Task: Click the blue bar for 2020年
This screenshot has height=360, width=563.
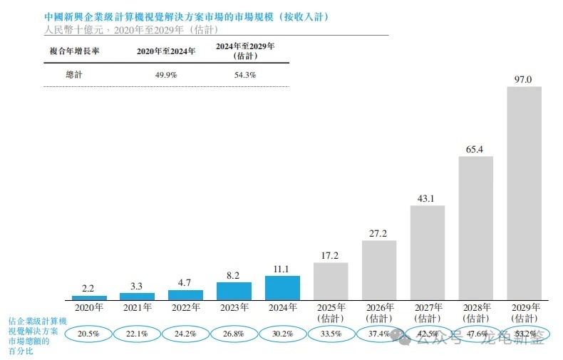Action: pyautogui.click(x=89, y=297)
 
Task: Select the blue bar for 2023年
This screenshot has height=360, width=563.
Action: pyautogui.click(x=234, y=291)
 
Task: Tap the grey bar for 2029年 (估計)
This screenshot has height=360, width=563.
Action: pyautogui.click(x=524, y=193)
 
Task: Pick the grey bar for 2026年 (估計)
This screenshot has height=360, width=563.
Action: pyautogui.click(x=379, y=270)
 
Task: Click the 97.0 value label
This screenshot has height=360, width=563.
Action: pyautogui.click(x=524, y=79)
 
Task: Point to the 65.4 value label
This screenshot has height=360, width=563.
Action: pyautogui.click(x=475, y=149)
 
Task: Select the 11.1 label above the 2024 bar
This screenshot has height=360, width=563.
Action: pyautogui.click(x=282, y=269)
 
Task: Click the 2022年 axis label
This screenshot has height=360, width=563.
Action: pyautogui.click(x=185, y=308)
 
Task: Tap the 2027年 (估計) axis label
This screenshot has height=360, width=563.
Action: pyautogui.click(x=427, y=312)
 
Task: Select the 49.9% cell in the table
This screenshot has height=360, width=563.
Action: pyautogui.click(x=165, y=74)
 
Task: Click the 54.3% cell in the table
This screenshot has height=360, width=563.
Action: pyautogui.click(x=244, y=74)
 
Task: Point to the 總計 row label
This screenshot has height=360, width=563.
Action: pyautogui.click(x=74, y=74)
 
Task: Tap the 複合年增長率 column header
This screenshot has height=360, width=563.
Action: pyautogui.click(x=73, y=51)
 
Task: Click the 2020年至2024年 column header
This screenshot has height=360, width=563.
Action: pyautogui.click(x=165, y=51)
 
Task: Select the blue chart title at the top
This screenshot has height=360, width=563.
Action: pyautogui.click(x=186, y=17)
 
